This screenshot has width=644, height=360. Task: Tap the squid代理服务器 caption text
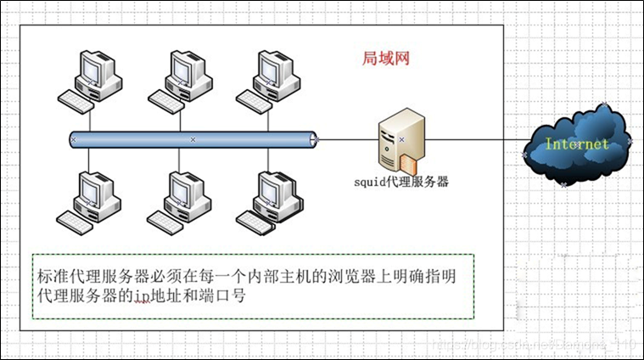[400, 182]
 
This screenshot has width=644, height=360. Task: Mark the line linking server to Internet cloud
[475, 139]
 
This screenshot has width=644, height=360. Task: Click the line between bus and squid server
[348, 139]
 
